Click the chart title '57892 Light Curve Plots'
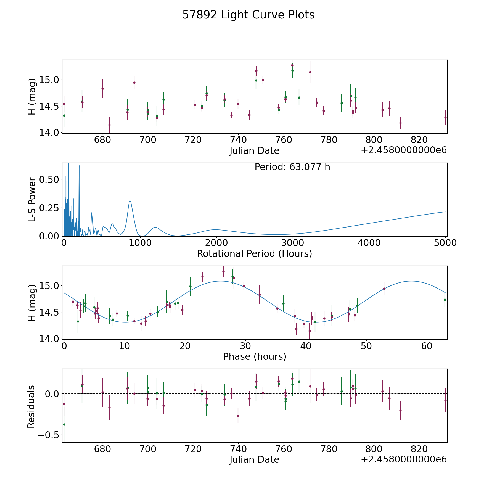pyautogui.click(x=248, y=15)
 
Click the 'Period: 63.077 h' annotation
pyautogui.click(x=292, y=167)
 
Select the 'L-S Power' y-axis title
pyautogui.click(x=32, y=200)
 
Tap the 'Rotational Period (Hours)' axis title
pyautogui.click(x=254, y=253)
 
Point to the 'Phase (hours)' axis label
pyautogui.click(x=255, y=356)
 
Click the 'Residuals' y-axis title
pyautogui.click(x=31, y=406)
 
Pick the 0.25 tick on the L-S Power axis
pyautogui.click(x=49, y=208)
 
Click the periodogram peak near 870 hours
pyautogui.click(x=130, y=201)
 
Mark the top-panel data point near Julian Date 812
pyautogui.click(x=400, y=123)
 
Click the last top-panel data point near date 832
pyautogui.click(x=445, y=118)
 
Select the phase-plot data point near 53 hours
pyautogui.click(x=384, y=289)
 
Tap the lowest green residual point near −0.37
pyautogui.click(x=64, y=424)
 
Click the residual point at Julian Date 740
pyautogui.click(x=238, y=416)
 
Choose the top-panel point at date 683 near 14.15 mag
pyautogui.click(x=109, y=125)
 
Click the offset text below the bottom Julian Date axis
pyautogui.click(x=404, y=459)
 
